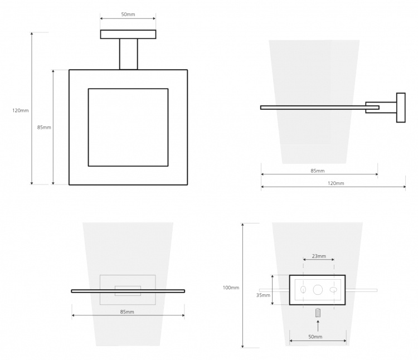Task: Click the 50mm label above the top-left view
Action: pyautogui.click(x=128, y=14)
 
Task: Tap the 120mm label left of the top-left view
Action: pyautogui.click(x=21, y=110)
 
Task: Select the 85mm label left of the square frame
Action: pyautogui.click(x=44, y=128)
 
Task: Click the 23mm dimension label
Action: pyautogui.click(x=319, y=256)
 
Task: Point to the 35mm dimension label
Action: pyautogui.click(x=263, y=295)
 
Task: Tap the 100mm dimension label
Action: pyautogui.click(x=231, y=288)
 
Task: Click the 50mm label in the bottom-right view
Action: pyautogui.click(x=315, y=337)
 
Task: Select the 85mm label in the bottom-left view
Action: pyautogui.click(x=127, y=312)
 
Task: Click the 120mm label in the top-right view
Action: pyautogui.click(x=336, y=183)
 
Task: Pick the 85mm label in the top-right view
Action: pyautogui.click(x=318, y=171)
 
